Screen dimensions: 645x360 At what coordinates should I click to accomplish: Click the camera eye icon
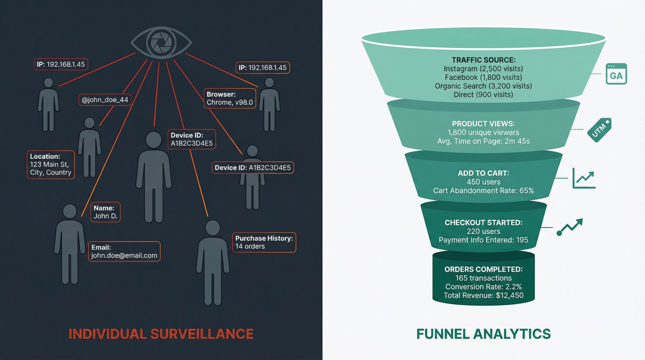pyautogui.click(x=161, y=43)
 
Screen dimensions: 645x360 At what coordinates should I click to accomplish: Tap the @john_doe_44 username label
pyautogui.click(x=105, y=100)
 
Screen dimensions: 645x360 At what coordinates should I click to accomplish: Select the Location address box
pyautogui.click(x=51, y=165)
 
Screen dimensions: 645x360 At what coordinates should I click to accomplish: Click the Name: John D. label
pyautogui.click(x=105, y=212)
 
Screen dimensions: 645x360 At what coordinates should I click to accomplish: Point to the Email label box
pyautogui.click(x=124, y=251)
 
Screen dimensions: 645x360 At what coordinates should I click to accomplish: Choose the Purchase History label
pyautogui.click(x=264, y=242)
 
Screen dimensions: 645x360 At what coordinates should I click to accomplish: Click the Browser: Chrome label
pyautogui.click(x=230, y=98)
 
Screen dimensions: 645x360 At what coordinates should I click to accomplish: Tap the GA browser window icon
pyautogui.click(x=616, y=74)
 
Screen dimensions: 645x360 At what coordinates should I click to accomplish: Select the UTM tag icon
pyautogui.click(x=600, y=130)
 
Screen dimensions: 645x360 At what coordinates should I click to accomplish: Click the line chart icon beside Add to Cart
pyautogui.click(x=584, y=178)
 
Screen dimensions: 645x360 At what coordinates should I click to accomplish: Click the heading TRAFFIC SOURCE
pyautogui.click(x=483, y=60)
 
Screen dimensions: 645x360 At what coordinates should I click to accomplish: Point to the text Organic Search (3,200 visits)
pyautogui.click(x=483, y=86)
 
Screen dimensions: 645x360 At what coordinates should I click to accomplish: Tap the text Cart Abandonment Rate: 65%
pyautogui.click(x=483, y=191)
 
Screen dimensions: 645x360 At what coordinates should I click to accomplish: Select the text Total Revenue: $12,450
pyautogui.click(x=483, y=295)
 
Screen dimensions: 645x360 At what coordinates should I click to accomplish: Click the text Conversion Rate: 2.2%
pyautogui.click(x=483, y=286)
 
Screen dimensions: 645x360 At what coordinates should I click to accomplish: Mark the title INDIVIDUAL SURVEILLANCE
pyautogui.click(x=161, y=334)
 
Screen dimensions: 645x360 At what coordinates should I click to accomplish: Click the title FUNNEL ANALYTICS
pyautogui.click(x=483, y=334)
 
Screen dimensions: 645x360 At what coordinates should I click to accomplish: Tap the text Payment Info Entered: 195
pyautogui.click(x=483, y=240)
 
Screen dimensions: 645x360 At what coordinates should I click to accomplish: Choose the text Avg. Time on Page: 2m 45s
pyautogui.click(x=483, y=141)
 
